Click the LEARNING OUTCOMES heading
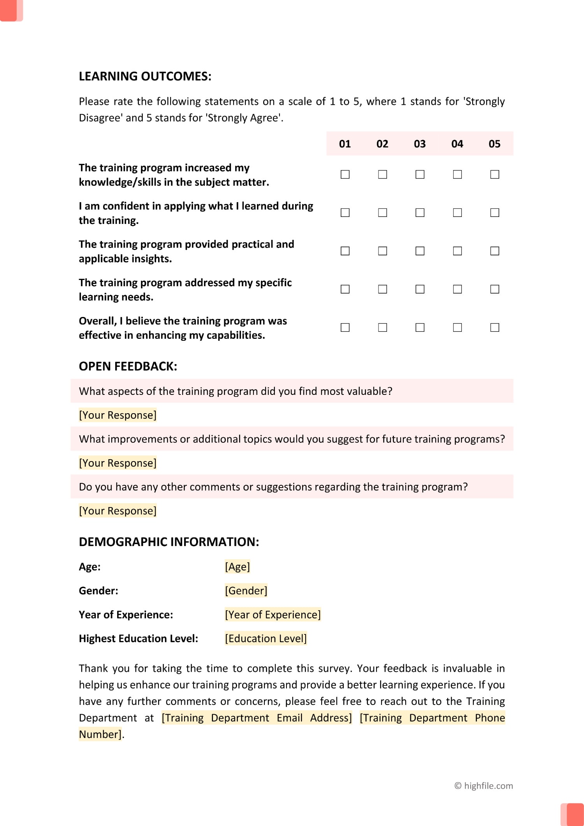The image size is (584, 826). (145, 76)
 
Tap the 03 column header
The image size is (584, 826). (420, 144)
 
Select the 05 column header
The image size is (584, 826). (494, 144)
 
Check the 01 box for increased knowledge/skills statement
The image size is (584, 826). (345, 174)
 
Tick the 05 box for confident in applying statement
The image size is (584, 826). (494, 213)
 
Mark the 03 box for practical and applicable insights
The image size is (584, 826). (420, 251)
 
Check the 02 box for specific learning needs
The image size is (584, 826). (382, 289)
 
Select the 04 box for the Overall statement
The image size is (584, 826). (457, 328)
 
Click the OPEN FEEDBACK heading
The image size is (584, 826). (128, 366)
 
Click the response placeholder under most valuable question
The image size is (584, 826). (118, 415)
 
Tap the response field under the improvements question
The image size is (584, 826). (118, 463)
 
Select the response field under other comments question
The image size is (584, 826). (118, 511)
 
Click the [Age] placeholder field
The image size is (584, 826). (237, 567)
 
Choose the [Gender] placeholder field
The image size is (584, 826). (246, 591)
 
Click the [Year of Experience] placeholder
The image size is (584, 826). (273, 615)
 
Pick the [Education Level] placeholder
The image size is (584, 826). (266, 639)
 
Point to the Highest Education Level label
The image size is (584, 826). (138, 639)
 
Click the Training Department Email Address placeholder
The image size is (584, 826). (257, 718)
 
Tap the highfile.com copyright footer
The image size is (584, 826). (484, 786)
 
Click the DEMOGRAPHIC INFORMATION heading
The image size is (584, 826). (169, 542)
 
